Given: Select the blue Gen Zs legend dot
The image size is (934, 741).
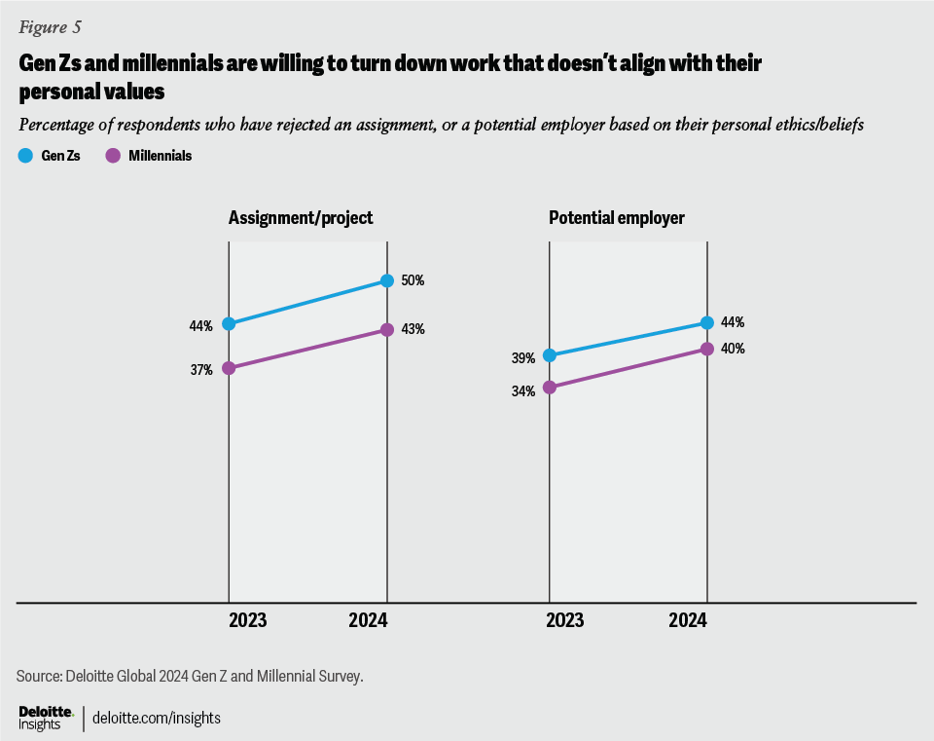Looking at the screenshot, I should coord(26,155).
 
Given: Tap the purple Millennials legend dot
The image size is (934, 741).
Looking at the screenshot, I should coord(112,155).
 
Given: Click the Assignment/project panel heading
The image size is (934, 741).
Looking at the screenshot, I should coord(301,218).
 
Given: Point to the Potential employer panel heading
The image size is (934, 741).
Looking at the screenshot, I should coord(617,218).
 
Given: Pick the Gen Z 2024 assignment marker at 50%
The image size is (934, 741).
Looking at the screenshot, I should coord(387,280).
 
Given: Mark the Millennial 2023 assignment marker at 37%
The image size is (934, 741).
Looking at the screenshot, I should coord(229,368).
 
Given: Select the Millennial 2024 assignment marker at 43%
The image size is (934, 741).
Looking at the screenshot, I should coord(387,330).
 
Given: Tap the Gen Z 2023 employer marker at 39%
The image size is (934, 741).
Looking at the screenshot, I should coord(550,355).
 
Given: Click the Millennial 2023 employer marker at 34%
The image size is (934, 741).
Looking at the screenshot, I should coord(550,388).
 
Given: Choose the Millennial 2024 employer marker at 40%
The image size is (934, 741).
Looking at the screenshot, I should coord(707,349).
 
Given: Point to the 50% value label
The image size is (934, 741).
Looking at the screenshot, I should coord(413,280).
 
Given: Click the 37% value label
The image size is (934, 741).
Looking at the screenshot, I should coord(201,370).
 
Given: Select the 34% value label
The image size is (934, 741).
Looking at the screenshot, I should coord(523,391).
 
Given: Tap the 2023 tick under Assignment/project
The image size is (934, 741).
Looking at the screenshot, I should coord(247,620).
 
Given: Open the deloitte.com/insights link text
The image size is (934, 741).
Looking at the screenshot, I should coord(157,719).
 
